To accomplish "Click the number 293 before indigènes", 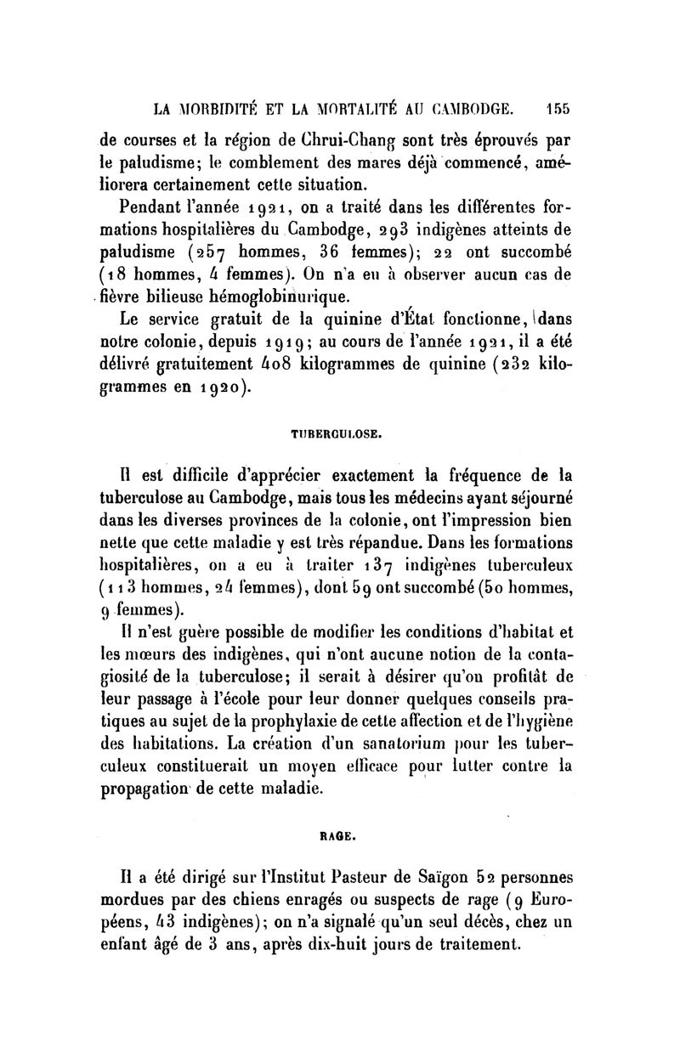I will [x=397, y=230].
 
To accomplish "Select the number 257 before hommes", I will [x=209, y=253].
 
